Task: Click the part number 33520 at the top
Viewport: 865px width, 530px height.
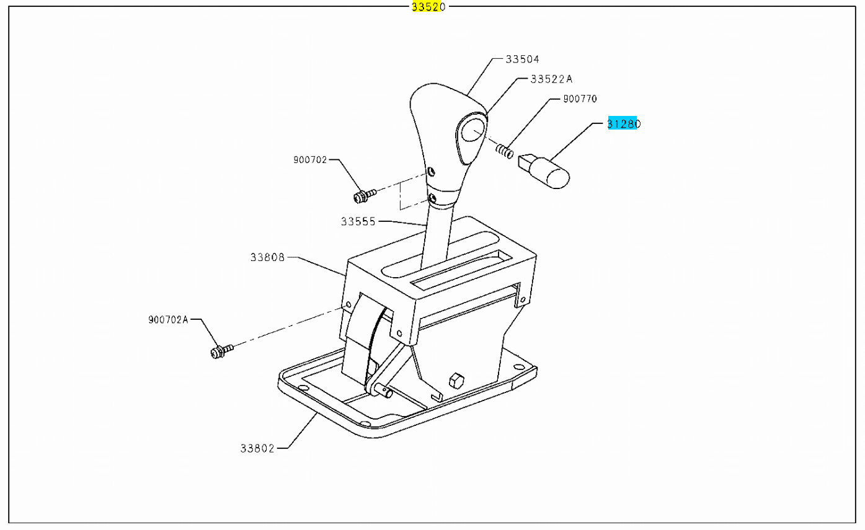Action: (428, 7)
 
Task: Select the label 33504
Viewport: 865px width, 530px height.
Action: (523, 59)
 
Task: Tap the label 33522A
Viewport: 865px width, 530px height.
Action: (551, 79)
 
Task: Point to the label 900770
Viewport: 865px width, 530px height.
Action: (580, 99)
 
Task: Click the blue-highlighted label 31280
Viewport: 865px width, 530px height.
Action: (624, 123)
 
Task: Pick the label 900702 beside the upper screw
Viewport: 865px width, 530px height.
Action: (310, 160)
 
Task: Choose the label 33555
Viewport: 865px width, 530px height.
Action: (358, 221)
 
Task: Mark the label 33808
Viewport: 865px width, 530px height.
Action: (267, 257)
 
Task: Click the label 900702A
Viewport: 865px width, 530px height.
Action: (168, 320)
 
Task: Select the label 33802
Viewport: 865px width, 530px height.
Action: (257, 449)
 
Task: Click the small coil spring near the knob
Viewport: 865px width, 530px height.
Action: (504, 151)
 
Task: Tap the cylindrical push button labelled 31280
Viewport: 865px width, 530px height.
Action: (544, 171)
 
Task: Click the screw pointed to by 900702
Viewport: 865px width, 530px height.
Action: (365, 196)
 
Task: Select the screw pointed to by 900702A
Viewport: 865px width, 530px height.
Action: (222, 351)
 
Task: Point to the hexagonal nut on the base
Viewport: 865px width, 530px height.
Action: (457, 381)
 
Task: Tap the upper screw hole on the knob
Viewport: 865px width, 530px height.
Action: (431, 171)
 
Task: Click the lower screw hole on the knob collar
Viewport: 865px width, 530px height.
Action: (433, 198)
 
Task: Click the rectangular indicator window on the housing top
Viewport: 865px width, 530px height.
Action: (461, 270)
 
